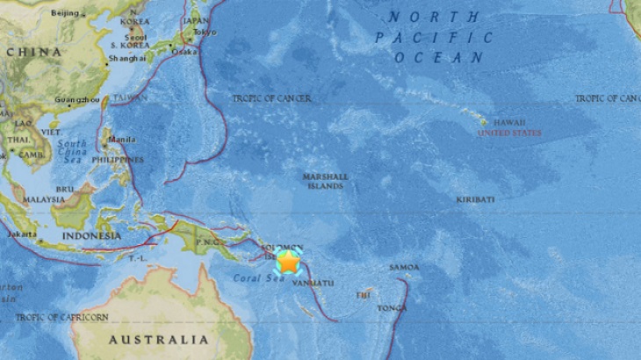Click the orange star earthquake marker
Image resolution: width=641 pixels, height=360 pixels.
(x=287, y=262)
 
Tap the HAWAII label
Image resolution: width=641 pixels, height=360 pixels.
(x=509, y=122)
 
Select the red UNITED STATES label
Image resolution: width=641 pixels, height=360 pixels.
(x=509, y=133)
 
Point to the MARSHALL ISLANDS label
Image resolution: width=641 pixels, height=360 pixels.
(x=325, y=181)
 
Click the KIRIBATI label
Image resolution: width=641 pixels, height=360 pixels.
(x=475, y=200)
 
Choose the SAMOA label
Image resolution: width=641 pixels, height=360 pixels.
(x=404, y=268)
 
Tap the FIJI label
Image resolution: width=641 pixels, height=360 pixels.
(x=364, y=295)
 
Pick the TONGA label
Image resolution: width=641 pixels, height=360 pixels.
(x=392, y=308)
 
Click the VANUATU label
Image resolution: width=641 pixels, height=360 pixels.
(x=314, y=283)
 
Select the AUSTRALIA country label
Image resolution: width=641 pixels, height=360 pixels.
(x=158, y=340)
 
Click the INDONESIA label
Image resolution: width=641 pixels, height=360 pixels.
(x=91, y=236)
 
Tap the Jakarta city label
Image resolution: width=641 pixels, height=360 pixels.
(x=21, y=235)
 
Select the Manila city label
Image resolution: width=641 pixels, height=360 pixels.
(x=122, y=140)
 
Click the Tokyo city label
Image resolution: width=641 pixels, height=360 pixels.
(x=204, y=32)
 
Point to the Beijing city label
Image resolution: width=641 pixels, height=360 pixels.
(x=65, y=14)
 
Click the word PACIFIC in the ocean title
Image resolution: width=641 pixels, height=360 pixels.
(x=434, y=38)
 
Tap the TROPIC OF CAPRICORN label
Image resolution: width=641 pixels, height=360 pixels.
(x=62, y=317)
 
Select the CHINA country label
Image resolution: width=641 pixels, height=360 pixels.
(x=35, y=52)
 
